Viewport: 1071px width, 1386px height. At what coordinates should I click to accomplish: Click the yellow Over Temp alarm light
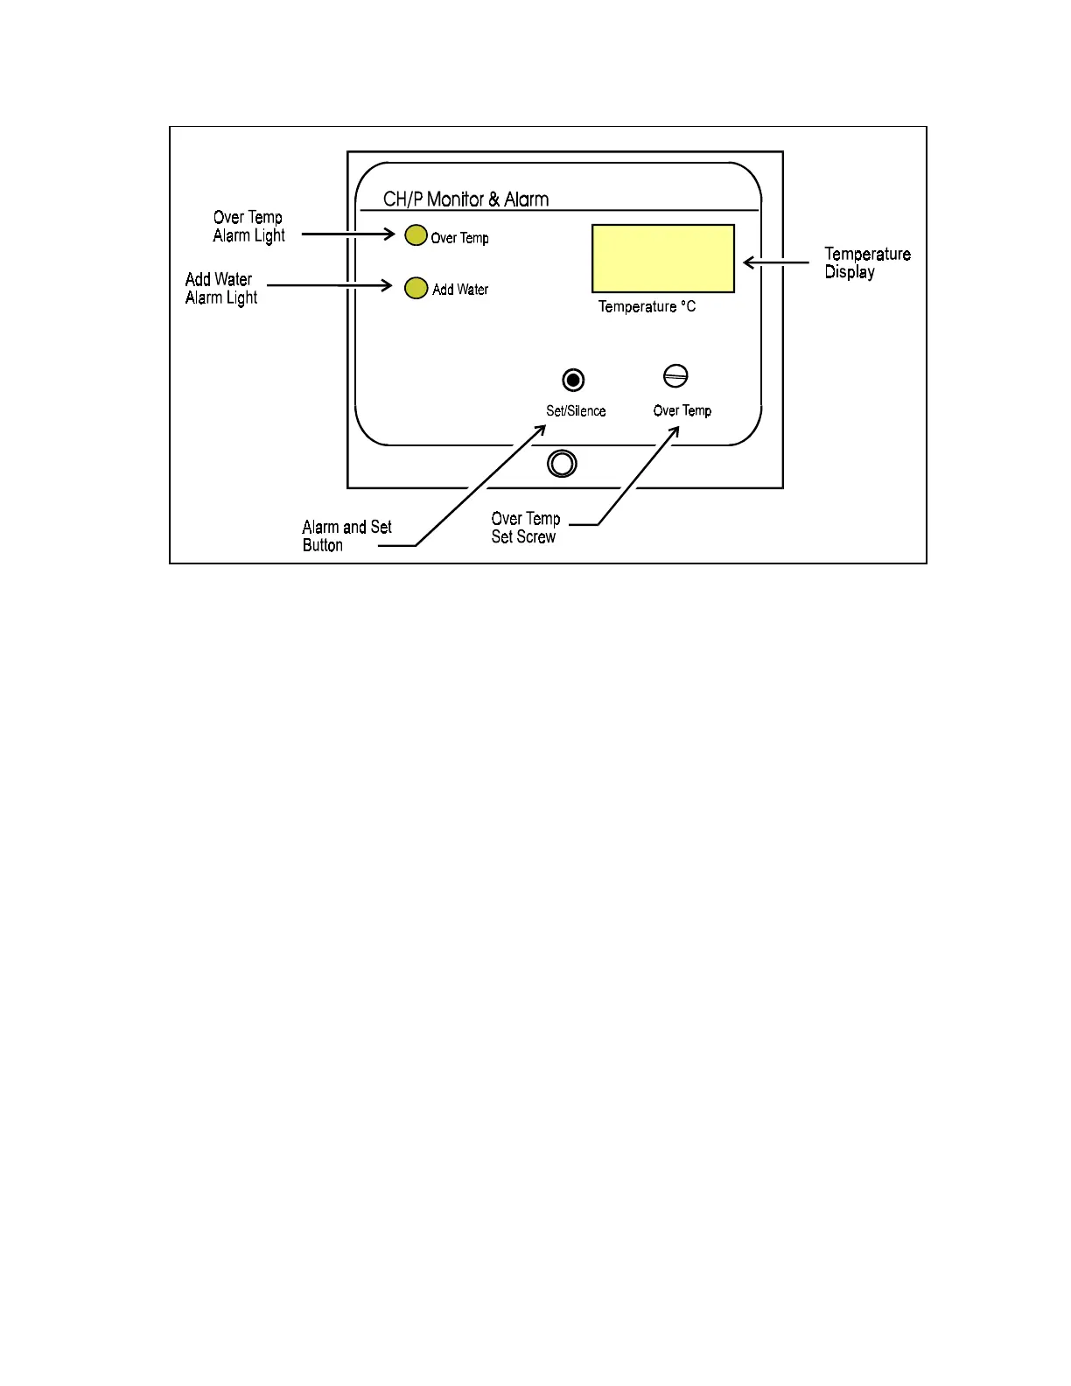click(x=416, y=235)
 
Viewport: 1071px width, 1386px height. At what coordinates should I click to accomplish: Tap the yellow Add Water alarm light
click(x=416, y=288)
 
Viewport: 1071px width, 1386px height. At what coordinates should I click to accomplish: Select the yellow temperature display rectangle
click(x=662, y=258)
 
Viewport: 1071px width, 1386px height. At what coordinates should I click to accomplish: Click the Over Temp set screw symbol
click(x=675, y=376)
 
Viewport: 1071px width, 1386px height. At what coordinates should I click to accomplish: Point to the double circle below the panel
click(x=562, y=463)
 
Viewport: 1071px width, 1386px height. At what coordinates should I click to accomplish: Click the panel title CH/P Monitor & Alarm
click(x=465, y=199)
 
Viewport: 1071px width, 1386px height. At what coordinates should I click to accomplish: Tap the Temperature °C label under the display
click(x=647, y=306)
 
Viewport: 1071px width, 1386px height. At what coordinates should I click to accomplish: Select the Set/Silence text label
click(x=576, y=410)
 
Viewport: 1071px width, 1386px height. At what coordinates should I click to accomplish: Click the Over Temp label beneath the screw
click(x=682, y=410)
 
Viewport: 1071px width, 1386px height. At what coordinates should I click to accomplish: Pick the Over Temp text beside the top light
click(x=459, y=238)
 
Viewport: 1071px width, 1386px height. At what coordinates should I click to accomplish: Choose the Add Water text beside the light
click(x=460, y=290)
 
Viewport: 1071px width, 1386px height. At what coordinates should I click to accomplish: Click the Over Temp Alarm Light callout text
click(x=248, y=226)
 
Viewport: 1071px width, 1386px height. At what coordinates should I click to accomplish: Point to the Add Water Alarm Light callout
click(x=220, y=288)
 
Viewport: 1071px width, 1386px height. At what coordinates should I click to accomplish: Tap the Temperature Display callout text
click(x=866, y=262)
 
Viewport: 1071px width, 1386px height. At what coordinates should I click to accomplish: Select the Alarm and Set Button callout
click(x=346, y=535)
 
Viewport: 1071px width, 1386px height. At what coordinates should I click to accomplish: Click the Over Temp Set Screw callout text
click(x=525, y=528)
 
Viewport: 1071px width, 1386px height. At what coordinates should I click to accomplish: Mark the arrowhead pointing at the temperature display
click(x=748, y=262)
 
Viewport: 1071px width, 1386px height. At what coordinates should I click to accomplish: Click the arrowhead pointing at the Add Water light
click(x=387, y=285)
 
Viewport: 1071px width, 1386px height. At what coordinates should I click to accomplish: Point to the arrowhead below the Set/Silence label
click(x=541, y=430)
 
